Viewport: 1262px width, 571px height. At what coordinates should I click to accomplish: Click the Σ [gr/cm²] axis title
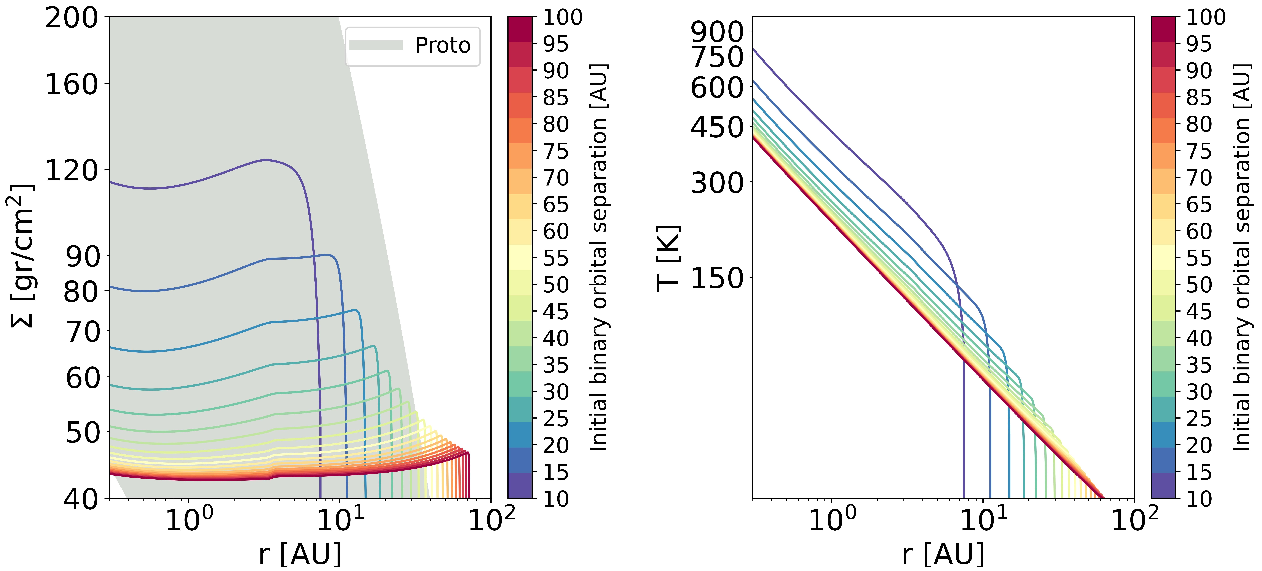click(x=22, y=256)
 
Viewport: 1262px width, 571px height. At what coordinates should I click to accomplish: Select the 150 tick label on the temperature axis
click(x=717, y=278)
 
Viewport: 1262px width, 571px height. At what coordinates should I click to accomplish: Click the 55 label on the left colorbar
click(x=556, y=258)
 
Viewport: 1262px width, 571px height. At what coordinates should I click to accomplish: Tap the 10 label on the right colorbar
click(x=1199, y=499)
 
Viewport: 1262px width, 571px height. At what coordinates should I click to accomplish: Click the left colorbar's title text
click(x=599, y=257)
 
